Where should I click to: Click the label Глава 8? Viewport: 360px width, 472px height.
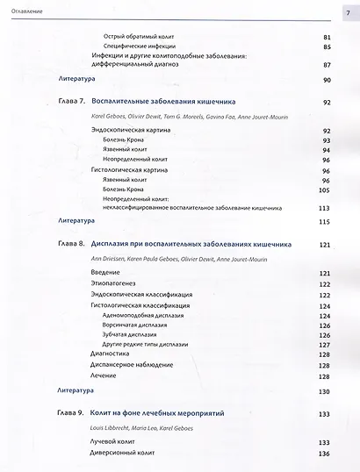[x=69, y=246]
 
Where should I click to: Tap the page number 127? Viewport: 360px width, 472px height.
[x=324, y=344]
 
